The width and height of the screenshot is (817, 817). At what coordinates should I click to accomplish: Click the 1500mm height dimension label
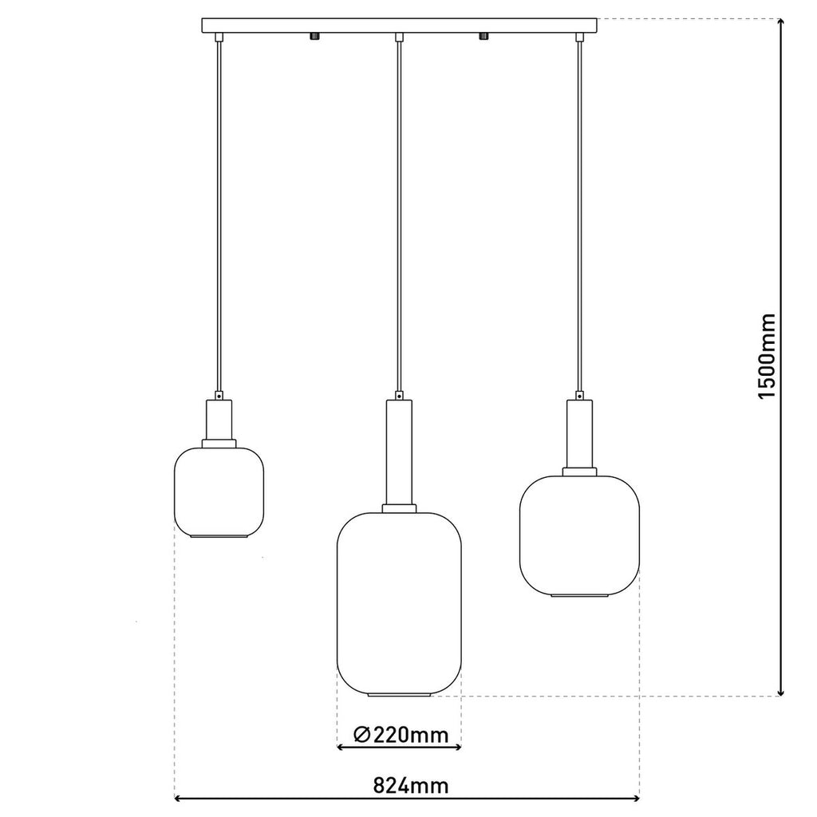coord(767,356)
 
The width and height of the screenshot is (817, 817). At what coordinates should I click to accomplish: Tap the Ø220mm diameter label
coord(399,735)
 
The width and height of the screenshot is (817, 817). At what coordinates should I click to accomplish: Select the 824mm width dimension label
coord(411,785)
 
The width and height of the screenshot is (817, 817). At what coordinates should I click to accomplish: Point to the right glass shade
coord(579,533)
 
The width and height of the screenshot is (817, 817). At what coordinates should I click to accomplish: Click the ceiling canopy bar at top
coord(400,25)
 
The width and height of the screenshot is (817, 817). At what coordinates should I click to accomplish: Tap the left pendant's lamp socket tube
coord(219,420)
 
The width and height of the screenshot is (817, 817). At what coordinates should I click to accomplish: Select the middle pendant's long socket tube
coord(400,452)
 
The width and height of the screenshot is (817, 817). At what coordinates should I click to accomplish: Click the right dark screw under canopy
coord(483,36)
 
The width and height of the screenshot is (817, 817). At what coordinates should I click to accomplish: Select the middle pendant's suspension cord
coord(399,215)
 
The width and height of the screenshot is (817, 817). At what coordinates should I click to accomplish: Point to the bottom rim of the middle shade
coord(400,695)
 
